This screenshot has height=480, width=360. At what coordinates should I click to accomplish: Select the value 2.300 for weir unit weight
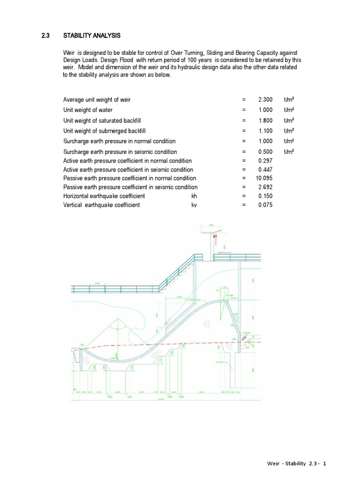265,100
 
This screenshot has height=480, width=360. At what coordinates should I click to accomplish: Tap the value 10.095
264,179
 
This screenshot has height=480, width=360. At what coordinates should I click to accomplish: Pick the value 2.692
265,187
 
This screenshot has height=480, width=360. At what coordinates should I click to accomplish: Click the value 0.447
265,170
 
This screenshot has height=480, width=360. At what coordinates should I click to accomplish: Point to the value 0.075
265,205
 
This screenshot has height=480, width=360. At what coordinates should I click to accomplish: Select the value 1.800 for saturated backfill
265,120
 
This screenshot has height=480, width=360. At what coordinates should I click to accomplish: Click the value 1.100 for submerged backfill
265,131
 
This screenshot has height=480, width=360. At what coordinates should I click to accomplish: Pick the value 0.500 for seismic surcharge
265,152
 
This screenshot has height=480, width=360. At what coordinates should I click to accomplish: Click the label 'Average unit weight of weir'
97,100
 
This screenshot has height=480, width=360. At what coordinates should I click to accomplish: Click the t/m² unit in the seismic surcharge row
290,152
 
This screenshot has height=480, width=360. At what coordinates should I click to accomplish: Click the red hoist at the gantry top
215,238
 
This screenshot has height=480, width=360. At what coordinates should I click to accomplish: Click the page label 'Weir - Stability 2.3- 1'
293,464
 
